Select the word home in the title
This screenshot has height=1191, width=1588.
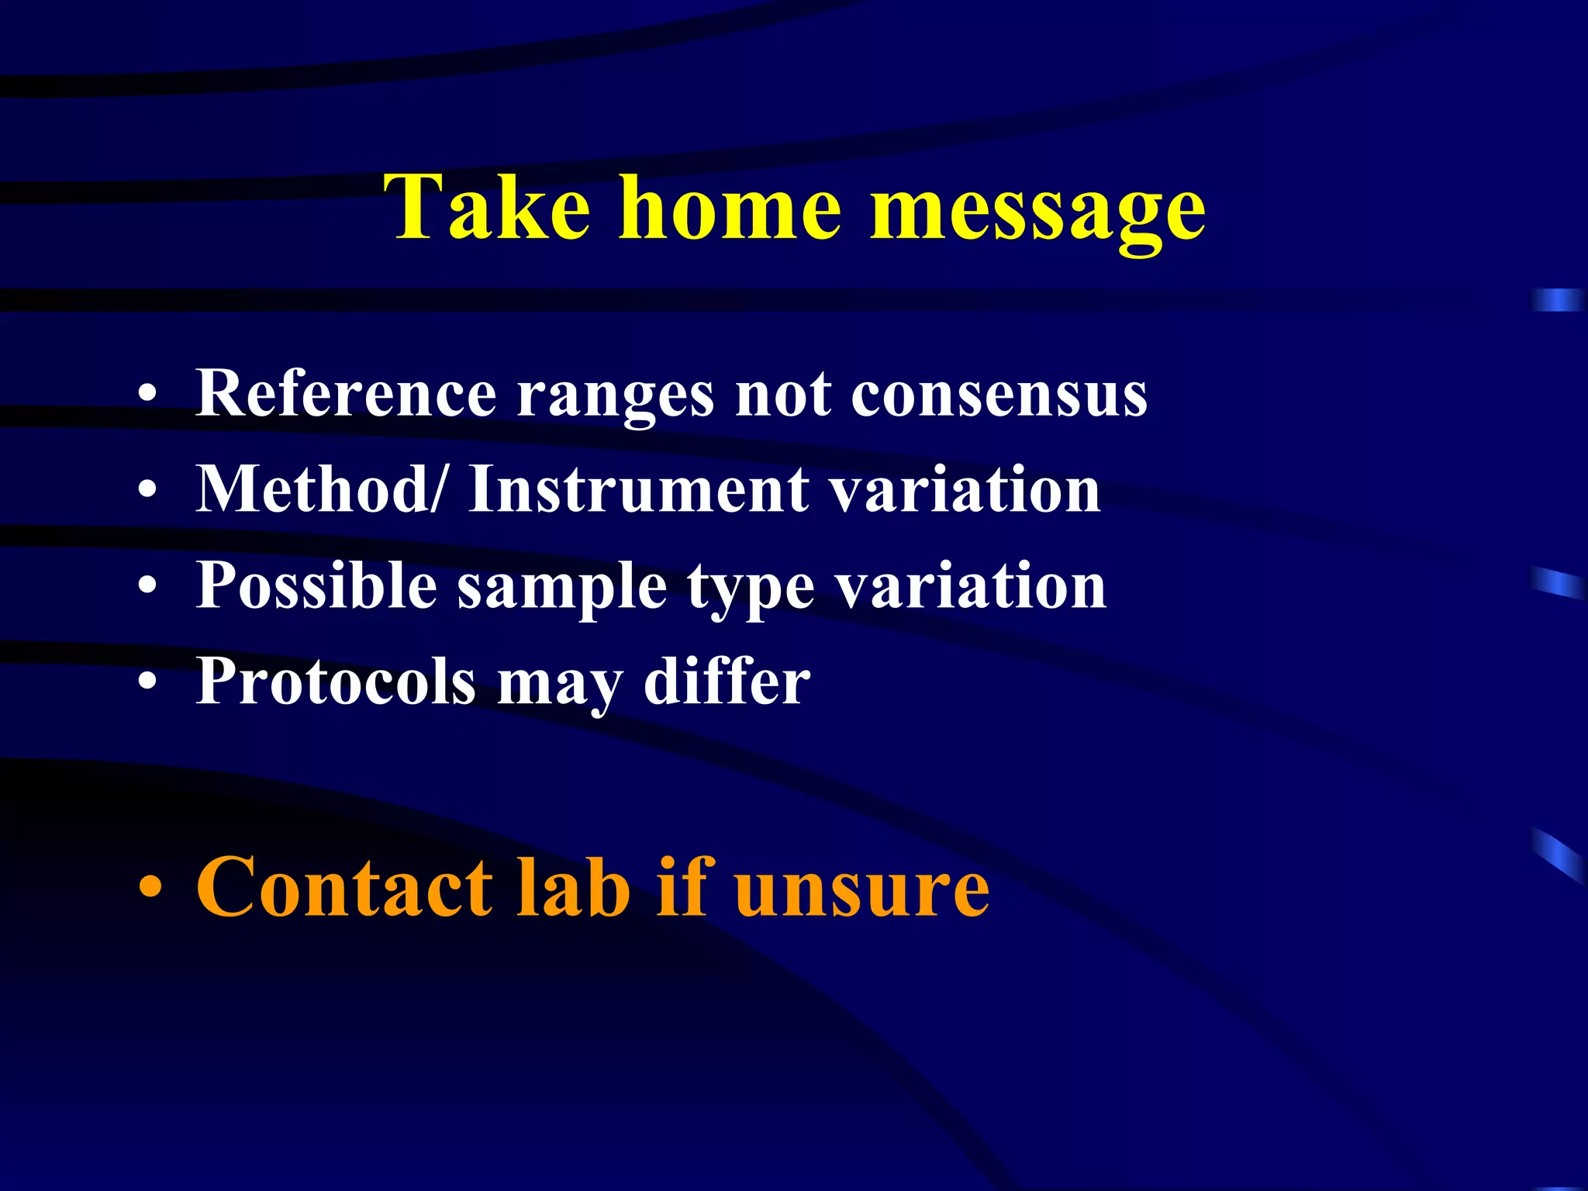pyautogui.click(x=729, y=208)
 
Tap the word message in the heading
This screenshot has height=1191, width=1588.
pyautogui.click(x=1037, y=211)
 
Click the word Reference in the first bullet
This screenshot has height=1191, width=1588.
pyautogui.click(x=346, y=394)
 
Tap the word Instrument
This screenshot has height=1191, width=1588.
pyautogui.click(x=639, y=490)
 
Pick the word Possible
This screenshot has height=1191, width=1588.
pyautogui.click(x=316, y=585)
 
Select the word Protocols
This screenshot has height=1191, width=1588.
pyautogui.click(x=336, y=682)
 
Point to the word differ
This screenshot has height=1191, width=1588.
pyautogui.click(x=727, y=682)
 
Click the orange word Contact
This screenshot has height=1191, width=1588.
pyautogui.click(x=344, y=887)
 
